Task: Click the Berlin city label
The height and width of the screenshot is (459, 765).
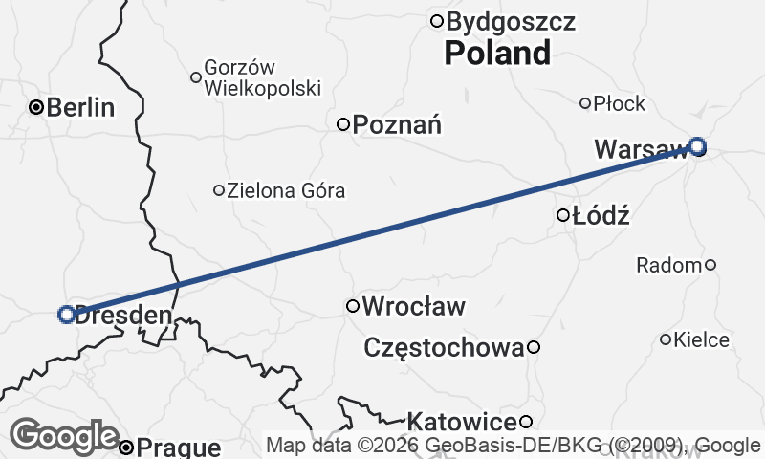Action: pos(80,107)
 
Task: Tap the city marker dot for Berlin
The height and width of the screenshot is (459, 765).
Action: pos(36,107)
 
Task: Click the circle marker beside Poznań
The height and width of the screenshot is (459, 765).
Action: pos(343,123)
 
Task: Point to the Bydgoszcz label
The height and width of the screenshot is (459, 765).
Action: pos(511,21)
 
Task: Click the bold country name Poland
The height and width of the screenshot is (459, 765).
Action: pos(497,54)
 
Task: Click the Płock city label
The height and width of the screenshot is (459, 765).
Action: pos(620,103)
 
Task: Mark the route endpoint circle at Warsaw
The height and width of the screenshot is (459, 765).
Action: pos(698,146)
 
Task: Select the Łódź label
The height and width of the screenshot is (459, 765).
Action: pos(601,215)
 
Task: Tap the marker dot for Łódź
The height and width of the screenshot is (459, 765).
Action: pos(563,215)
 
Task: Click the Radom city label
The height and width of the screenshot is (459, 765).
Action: pos(668,265)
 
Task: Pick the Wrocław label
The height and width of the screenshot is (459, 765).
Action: pos(415,307)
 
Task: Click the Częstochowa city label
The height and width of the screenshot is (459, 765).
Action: pos(445,348)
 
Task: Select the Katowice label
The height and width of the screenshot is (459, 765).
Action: pos(462,422)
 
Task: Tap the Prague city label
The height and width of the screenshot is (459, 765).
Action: pos(179,447)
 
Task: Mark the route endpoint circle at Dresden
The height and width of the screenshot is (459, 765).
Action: pos(67,314)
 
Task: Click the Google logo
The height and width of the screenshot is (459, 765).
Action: pos(65,437)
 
